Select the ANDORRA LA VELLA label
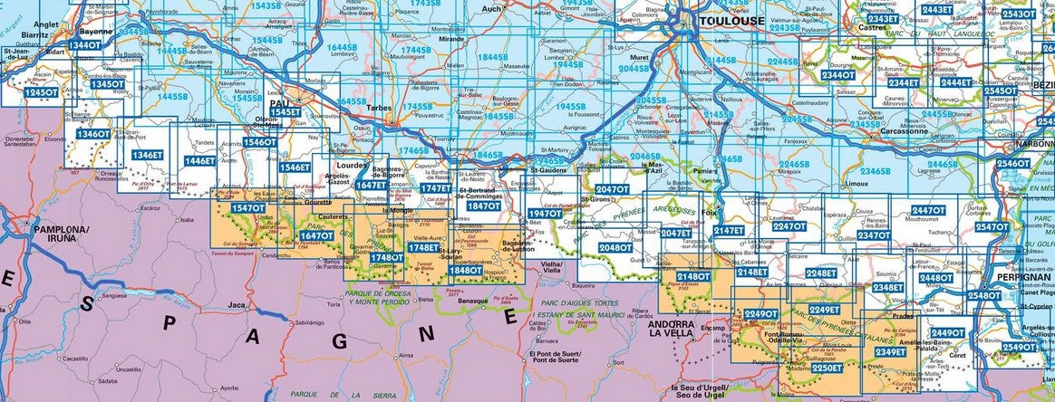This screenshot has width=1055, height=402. [x=672, y=328]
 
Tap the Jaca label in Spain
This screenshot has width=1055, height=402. [x=237, y=305]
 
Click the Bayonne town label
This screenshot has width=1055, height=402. [x=96, y=32]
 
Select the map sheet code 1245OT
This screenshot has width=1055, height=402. [x=41, y=92]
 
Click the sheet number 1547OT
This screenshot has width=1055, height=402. [x=247, y=208]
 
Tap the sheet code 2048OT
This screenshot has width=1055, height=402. [x=615, y=247]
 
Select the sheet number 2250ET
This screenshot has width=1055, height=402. [x=827, y=368]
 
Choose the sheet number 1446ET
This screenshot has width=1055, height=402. [x=199, y=161]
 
